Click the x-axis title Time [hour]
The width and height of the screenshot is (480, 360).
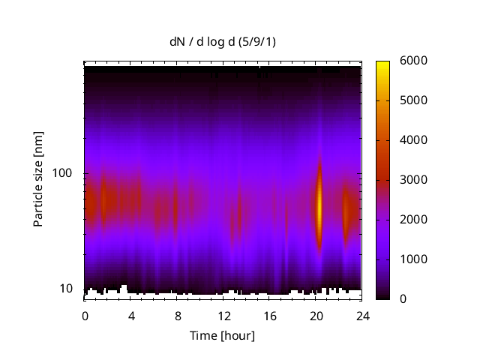222,335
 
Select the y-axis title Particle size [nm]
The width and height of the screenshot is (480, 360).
38,181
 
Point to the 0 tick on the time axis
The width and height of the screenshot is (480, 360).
85,315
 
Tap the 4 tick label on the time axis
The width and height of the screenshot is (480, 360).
131,315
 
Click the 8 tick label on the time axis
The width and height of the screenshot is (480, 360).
178,315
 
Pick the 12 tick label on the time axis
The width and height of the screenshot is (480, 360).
223,315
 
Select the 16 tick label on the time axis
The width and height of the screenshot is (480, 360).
270,315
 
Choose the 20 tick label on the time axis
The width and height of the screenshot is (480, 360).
316,315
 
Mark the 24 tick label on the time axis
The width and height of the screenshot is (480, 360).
362,315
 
